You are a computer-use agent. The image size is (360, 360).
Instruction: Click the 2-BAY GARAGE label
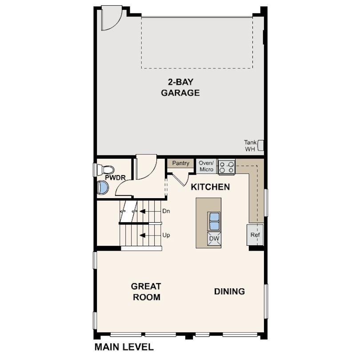(180, 87)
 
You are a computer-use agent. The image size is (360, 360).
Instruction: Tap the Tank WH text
(250, 146)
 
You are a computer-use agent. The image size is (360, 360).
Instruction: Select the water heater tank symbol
(260, 146)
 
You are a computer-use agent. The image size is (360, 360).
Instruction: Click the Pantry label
(181, 163)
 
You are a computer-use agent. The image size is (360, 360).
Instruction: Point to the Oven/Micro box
(206, 166)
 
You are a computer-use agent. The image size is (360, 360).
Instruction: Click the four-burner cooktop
(226, 167)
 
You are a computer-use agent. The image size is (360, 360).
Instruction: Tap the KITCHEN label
(210, 187)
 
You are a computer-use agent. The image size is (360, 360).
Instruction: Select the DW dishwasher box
(214, 239)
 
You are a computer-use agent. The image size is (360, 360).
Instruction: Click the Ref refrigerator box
(255, 235)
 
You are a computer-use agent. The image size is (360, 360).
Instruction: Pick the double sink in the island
(214, 221)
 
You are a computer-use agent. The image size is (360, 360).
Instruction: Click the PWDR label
(115, 178)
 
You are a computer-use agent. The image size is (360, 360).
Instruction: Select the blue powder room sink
(102, 188)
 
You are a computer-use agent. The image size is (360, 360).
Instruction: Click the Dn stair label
(166, 211)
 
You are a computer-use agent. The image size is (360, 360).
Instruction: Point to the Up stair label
(166, 235)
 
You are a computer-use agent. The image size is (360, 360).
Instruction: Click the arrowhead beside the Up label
(142, 235)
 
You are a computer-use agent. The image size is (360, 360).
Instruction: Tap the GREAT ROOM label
(146, 292)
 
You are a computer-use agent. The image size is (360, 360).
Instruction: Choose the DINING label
(229, 292)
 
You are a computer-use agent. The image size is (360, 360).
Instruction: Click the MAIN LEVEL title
(124, 347)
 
